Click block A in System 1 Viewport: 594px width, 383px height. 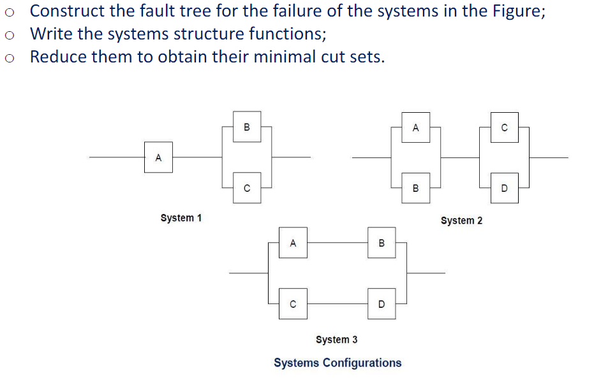(159, 157)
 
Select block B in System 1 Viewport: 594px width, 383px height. (247, 127)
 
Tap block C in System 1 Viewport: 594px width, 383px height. (247, 188)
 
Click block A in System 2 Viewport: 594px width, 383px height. (415, 127)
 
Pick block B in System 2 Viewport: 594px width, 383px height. (415, 188)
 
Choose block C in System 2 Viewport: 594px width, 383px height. (505, 127)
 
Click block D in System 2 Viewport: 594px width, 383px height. (505, 188)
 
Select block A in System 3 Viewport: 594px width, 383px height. (293, 243)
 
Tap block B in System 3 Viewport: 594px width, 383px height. (382, 243)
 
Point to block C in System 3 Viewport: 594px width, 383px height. (293, 304)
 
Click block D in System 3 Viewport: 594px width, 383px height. (382, 304)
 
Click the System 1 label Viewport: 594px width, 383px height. (181, 218)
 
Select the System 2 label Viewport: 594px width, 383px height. (461, 220)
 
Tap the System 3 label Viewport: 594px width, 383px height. (336, 340)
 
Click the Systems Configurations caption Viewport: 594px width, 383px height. (338, 363)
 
